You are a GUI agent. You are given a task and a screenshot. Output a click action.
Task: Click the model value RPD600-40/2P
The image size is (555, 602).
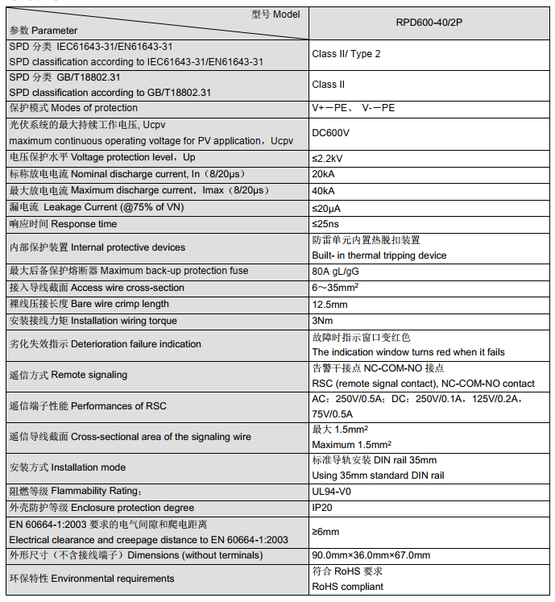pos(429,23)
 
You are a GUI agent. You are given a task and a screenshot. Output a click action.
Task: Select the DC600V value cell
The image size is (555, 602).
pos(330,133)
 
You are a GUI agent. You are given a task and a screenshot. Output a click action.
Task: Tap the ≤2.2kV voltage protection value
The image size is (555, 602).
pos(327,158)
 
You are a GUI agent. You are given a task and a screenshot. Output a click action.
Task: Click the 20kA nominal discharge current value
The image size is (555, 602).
pos(324,174)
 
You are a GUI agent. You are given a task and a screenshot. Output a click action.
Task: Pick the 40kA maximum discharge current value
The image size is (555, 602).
pos(324,191)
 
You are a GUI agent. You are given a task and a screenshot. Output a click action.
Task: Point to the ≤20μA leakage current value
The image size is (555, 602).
pos(328,208)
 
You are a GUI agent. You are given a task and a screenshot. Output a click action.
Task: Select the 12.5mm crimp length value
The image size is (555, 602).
pos(329,305)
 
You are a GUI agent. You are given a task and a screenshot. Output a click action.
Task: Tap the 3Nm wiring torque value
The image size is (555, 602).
pos(322,321)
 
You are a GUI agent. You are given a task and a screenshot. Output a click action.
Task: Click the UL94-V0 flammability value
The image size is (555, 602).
pos(332,492)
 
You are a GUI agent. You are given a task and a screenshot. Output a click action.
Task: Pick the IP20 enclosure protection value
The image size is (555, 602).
pos(322,509)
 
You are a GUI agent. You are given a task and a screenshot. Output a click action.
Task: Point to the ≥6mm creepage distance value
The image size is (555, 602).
pos(325,532)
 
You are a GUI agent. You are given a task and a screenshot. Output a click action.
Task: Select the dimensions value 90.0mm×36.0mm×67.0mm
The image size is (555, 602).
pos(371,555)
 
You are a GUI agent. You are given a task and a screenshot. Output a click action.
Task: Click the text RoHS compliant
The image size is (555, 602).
pos(347,587)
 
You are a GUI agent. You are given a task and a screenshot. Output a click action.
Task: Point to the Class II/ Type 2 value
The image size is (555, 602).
pos(346,54)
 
